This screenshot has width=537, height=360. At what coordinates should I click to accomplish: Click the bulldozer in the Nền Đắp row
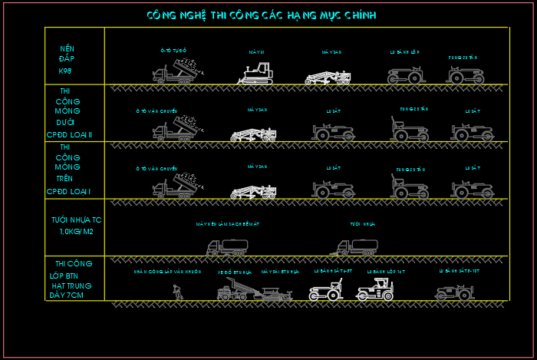255,74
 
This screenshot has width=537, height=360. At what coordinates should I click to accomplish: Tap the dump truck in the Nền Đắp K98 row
176,71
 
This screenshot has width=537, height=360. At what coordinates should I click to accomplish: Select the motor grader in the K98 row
328,76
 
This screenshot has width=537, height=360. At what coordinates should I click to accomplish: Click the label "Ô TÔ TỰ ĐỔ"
173,51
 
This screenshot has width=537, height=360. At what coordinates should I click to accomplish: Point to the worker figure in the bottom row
178,291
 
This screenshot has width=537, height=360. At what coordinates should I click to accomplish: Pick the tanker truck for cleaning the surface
227,246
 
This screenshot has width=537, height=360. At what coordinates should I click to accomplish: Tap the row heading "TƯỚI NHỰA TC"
76,220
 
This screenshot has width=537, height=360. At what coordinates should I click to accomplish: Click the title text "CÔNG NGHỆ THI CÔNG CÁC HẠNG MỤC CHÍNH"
261,15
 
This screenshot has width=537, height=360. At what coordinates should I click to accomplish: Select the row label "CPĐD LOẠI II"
69,135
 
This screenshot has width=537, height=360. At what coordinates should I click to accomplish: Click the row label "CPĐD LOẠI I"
68,191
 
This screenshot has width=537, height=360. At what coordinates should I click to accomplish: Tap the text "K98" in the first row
65,71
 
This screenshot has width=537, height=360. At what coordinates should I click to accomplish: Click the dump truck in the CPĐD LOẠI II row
176,129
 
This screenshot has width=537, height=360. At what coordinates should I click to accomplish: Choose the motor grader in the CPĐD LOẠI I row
254,190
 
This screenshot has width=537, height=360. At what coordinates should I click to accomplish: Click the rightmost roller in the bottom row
455,292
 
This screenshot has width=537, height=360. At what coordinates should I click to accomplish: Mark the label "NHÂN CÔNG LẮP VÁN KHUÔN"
167,272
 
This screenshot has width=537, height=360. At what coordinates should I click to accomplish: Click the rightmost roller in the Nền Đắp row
466,74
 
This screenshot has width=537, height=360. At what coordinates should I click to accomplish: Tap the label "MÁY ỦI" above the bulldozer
256,52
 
